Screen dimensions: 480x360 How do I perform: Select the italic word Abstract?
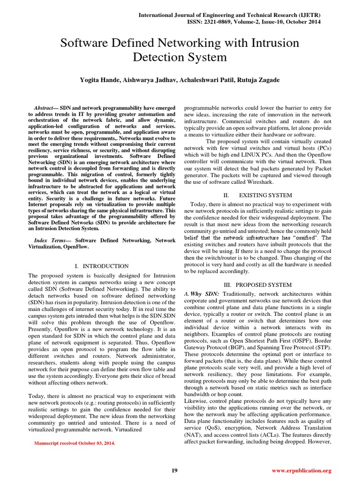click(x=46, y=108)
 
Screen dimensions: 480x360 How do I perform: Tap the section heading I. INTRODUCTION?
click(x=102, y=266)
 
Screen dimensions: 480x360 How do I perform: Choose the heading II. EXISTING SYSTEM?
click(x=257, y=195)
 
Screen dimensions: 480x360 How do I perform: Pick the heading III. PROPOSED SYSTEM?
click(x=257, y=285)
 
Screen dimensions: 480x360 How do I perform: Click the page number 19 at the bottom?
click(x=174, y=470)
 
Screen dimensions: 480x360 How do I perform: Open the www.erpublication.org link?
click(x=301, y=470)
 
